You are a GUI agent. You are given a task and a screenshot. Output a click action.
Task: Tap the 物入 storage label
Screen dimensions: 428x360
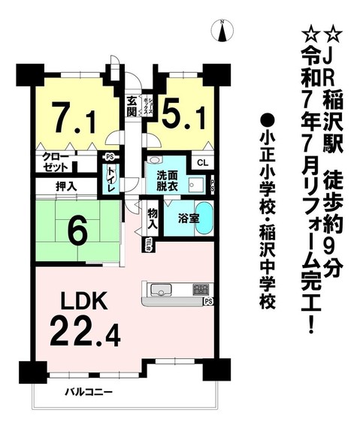[x=152, y=218]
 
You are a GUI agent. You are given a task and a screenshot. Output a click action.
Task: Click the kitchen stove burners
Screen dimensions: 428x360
[x=201, y=289]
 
